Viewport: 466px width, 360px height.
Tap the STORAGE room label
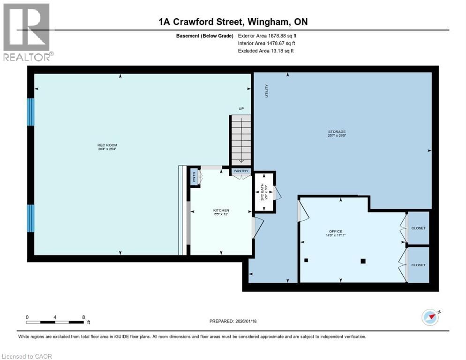pyautogui.click(x=337, y=132)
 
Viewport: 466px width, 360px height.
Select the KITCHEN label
pyautogui.click(x=221, y=210)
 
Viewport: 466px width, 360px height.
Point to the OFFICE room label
pyautogui.click(x=336, y=232)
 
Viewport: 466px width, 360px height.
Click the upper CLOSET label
pyautogui.click(x=418, y=228)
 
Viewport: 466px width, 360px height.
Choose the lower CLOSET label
pyautogui.click(x=418, y=265)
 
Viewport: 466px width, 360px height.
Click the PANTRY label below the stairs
pyautogui.click(x=241, y=171)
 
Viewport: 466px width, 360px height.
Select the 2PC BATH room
pyautogui.click(x=263, y=192)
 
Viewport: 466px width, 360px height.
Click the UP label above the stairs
pyautogui.click(x=241, y=109)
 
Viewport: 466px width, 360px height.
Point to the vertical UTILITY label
pyautogui.click(x=267, y=90)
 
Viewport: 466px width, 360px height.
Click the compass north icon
pyautogui.click(x=430, y=317)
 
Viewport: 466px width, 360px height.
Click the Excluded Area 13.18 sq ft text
pyautogui.click(x=266, y=51)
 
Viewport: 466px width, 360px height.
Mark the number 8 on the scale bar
pyautogui.click(x=83, y=317)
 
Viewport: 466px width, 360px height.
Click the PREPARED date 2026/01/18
pyautogui.click(x=233, y=321)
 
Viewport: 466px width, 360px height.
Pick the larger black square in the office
pyautogui.click(x=363, y=262)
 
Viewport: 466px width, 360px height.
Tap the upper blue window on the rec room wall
pyautogui.click(x=31, y=112)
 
